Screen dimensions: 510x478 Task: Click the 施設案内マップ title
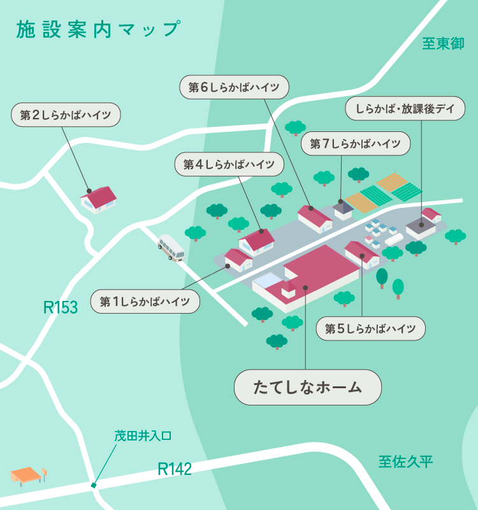click(97, 29)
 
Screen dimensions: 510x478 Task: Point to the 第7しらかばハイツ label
click(356, 144)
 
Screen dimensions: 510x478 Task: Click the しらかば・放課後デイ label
click(405, 109)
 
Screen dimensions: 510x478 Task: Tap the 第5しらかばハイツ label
click(370, 328)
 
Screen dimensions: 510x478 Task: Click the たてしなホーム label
click(308, 387)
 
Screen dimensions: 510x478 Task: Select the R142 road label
click(175, 469)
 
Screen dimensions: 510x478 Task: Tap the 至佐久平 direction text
click(405, 462)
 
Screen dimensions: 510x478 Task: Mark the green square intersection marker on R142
click(94, 486)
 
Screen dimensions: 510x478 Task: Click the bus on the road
click(171, 248)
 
